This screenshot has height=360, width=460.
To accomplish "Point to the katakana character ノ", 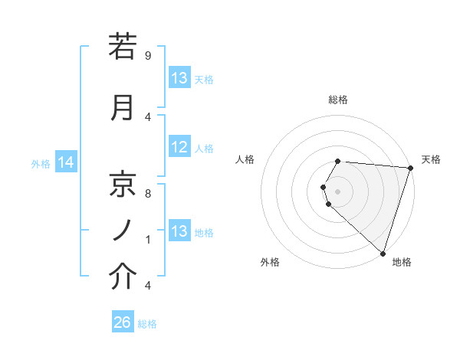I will pyautogui.click(x=123, y=230).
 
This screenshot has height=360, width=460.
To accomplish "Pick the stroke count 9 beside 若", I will pyautogui.click(x=147, y=55).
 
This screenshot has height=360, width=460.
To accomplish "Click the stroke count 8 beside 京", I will pyautogui.click(x=147, y=194).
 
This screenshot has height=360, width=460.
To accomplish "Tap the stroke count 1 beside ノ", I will pyautogui.click(x=147, y=239).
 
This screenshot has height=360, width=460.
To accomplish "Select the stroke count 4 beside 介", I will pyautogui.click(x=147, y=285).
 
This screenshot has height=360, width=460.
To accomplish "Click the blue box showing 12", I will pyautogui.click(x=179, y=148).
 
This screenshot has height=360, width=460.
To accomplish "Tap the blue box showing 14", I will pyautogui.click(x=65, y=162).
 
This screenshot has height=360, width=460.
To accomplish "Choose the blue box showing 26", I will pyautogui.click(x=123, y=322).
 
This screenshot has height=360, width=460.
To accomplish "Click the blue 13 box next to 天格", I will pyautogui.click(x=179, y=78).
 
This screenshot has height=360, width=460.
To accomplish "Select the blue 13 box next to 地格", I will pyautogui.click(x=179, y=231).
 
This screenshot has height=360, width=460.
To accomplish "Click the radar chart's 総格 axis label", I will pyautogui.click(x=338, y=100).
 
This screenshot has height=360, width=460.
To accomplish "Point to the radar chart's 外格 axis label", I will pyautogui.click(x=270, y=262).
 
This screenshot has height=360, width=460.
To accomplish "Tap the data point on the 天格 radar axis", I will pyautogui.click(x=410, y=168).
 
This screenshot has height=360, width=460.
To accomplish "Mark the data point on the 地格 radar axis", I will pyautogui.click(x=383, y=253).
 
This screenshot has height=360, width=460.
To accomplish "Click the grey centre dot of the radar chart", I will pyautogui.click(x=338, y=191).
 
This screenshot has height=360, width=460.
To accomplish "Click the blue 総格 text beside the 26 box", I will pyautogui.click(x=147, y=324).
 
